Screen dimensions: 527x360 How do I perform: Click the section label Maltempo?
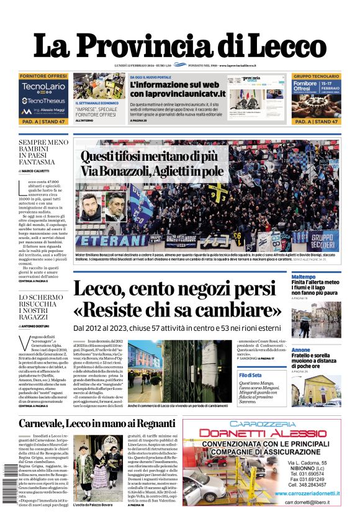click(x=304, y=276)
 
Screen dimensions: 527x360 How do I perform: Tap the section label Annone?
click(x=301, y=350)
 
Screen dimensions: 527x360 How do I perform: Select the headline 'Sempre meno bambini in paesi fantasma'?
click(x=44, y=152)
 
